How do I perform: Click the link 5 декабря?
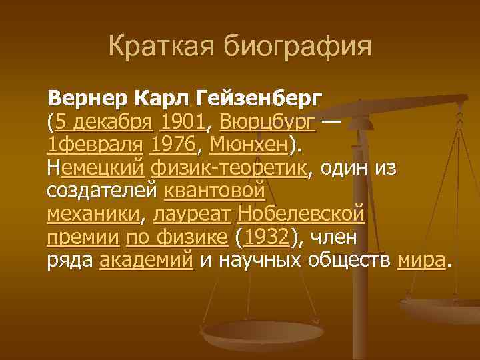click(106, 123)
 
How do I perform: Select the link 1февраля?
click(96, 145)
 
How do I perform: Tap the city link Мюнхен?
click(250, 145)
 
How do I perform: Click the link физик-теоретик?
click(231, 168)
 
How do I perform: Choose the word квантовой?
click(215, 191)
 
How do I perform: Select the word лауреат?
click(193, 215)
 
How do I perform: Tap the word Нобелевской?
click(301, 215)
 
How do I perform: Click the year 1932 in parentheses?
click(267, 237)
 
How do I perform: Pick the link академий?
click(147, 261)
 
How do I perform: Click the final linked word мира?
click(421, 261)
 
